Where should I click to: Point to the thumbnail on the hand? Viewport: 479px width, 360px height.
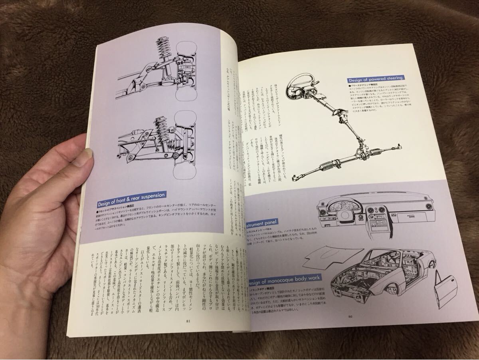85,157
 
